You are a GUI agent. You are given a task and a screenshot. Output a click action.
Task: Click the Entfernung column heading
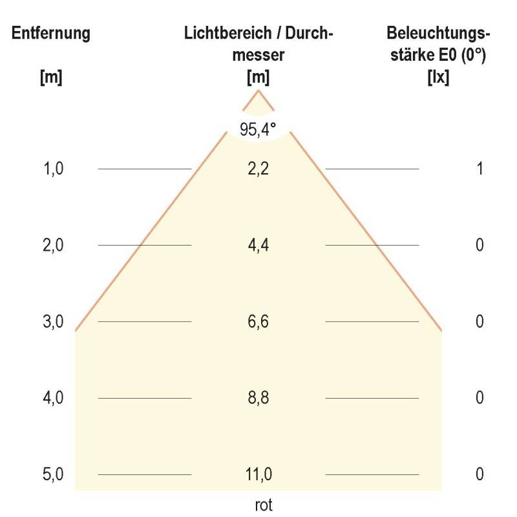[51, 34]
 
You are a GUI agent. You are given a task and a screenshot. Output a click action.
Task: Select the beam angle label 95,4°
[258, 129]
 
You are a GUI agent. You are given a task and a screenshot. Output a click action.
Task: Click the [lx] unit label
[438, 78]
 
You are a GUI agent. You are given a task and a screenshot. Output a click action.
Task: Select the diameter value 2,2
[258, 169]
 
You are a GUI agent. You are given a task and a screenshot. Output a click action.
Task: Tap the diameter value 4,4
[258, 245]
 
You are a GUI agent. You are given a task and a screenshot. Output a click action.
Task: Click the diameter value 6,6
[258, 321]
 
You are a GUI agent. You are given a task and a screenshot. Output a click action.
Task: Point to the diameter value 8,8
[258, 397]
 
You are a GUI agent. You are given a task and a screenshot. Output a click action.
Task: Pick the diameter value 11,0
[258, 474]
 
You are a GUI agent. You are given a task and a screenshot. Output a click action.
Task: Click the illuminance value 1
[480, 169]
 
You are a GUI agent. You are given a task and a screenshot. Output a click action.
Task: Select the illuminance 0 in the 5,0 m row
[480, 474]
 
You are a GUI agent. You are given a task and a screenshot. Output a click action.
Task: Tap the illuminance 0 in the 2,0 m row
[480, 245]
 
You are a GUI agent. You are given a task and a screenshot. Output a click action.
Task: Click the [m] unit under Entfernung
[51, 78]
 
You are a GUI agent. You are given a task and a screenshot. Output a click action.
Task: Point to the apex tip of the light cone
[258, 91]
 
